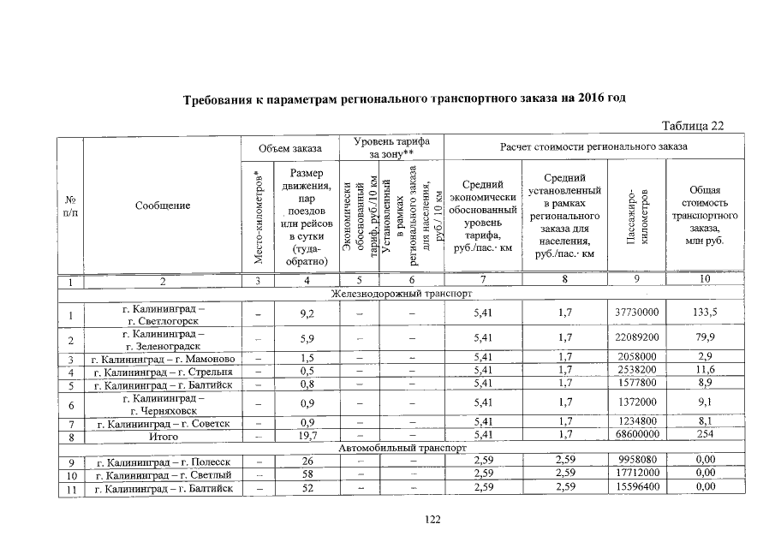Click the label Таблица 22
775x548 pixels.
click(694, 126)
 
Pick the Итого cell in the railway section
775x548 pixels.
click(158, 436)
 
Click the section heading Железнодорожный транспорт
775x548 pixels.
click(402, 293)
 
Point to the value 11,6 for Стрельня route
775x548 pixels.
click(704, 371)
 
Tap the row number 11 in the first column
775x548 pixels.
click(72, 488)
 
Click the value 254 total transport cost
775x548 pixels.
click(704, 436)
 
